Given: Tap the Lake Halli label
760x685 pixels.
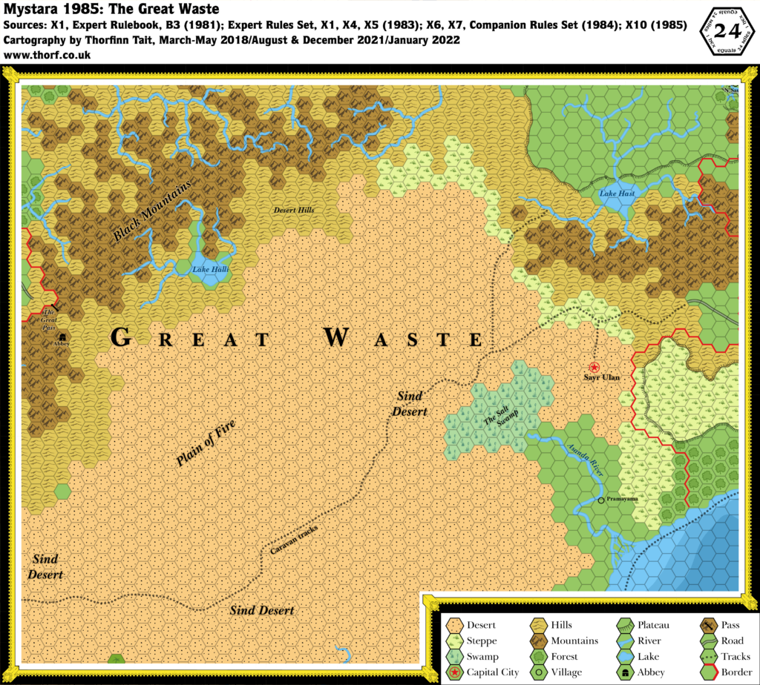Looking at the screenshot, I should coord(209,269).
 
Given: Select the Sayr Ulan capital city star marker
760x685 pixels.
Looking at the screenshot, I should coord(594,367).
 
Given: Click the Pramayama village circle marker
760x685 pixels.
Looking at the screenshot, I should coord(601,501).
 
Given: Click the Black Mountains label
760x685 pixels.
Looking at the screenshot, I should coord(152,211).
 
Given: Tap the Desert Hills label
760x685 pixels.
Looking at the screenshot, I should coord(294,211).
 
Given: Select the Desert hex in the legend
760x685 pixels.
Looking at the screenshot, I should coord(456,625).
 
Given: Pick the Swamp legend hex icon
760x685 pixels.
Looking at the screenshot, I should coord(456,656).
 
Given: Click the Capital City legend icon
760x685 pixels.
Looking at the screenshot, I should coord(456,672).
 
